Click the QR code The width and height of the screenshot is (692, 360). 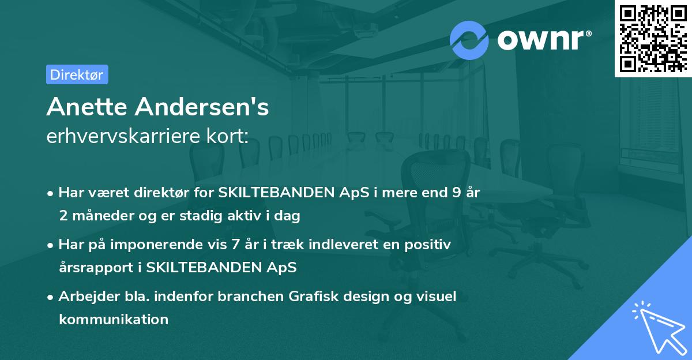(x=653, y=38)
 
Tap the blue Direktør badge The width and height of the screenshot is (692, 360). (x=77, y=74)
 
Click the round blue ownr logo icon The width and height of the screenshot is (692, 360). (x=469, y=39)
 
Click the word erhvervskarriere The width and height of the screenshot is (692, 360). (x=126, y=137)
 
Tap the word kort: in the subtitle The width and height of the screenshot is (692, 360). (x=229, y=137)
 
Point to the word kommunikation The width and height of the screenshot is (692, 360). (x=114, y=319)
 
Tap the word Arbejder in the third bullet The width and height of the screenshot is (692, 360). (x=85, y=296)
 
